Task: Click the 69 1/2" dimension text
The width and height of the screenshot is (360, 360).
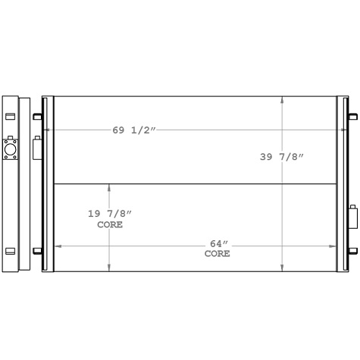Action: [x=134, y=130]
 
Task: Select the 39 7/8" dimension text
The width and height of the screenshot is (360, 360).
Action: [x=281, y=157]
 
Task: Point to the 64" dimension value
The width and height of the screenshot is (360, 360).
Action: [x=218, y=243]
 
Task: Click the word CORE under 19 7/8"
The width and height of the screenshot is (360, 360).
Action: [x=109, y=225]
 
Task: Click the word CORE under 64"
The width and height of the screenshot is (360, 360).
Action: [x=218, y=254]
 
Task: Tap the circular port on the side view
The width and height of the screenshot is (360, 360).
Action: [x=10, y=149]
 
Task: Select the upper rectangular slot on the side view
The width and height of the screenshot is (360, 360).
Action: [x=10, y=116]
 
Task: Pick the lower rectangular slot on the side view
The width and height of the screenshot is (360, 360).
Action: [x=10, y=251]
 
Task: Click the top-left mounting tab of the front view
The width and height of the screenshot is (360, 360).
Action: [x=37, y=116]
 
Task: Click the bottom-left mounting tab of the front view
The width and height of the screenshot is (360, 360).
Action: [x=37, y=251]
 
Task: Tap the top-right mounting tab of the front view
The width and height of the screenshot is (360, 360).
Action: [x=352, y=116]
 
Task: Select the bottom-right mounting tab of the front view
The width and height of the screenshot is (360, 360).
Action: [x=352, y=251]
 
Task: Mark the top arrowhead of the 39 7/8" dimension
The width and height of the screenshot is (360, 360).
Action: [x=282, y=99]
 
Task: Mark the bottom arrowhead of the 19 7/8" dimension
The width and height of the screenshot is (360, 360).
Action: [x=109, y=268]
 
